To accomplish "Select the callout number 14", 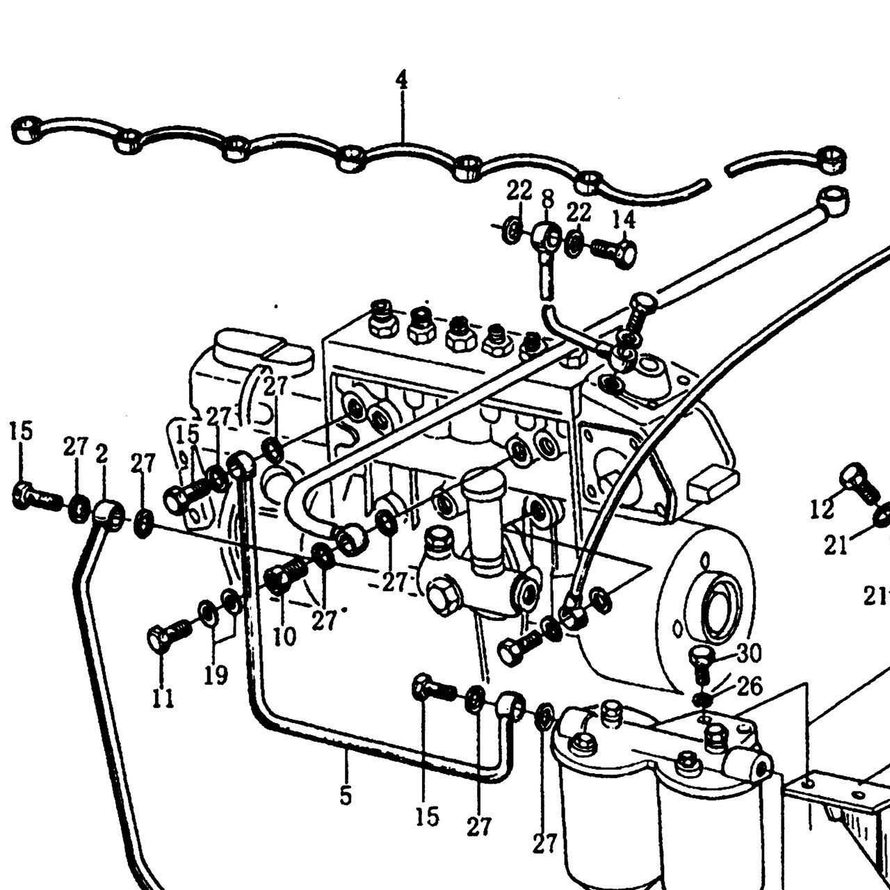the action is pos(624,220).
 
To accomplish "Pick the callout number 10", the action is pos(284,637).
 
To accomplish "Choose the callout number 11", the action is pos(163,698).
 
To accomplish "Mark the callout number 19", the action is pos(216,675).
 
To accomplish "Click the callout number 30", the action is pos(749,653).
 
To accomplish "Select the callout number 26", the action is pos(749,687).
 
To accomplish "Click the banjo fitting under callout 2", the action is pos(109,515).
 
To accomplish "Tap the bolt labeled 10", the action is pos(286,573).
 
